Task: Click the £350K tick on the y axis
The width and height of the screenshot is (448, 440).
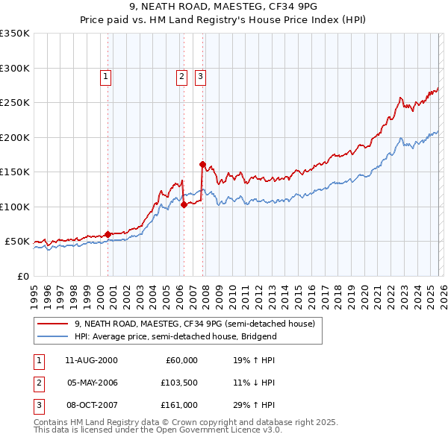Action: (x=15, y=34)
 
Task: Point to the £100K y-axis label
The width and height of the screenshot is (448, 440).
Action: (x=15, y=207)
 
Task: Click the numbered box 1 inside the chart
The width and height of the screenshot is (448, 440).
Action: (x=105, y=75)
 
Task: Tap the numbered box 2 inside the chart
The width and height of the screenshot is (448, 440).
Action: (x=181, y=75)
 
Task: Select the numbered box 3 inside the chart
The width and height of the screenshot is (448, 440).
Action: (x=201, y=75)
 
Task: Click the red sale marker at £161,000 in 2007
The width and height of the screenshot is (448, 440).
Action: (x=202, y=164)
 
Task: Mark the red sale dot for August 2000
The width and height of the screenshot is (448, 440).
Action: (x=108, y=234)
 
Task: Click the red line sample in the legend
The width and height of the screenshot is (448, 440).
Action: (x=53, y=324)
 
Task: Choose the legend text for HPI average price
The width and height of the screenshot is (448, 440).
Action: (x=175, y=336)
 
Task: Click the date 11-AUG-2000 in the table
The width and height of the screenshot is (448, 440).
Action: (x=91, y=360)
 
